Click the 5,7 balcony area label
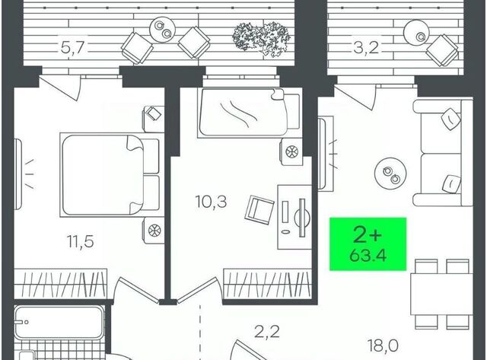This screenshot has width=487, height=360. pyautogui.click(x=73, y=48)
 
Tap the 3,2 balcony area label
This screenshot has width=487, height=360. pyautogui.click(x=366, y=48)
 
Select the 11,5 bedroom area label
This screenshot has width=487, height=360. pyautogui.click(x=80, y=241)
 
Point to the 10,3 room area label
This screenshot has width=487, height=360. pyautogui.click(x=212, y=201)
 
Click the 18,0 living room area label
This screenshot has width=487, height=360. pyautogui.click(x=383, y=346)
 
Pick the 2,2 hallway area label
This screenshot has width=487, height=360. pyautogui.click(x=267, y=331)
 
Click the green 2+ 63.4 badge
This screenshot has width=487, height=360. pyautogui.click(x=368, y=244)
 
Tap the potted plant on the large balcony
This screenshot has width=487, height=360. pyautogui.click(x=261, y=39)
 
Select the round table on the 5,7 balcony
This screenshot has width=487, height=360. pyautogui.click(x=163, y=29)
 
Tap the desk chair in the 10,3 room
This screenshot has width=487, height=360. pyautogui.click(x=259, y=209)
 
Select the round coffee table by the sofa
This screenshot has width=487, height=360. pyautogui.click(x=390, y=175)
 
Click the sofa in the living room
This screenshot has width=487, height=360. pyautogui.click(x=443, y=152)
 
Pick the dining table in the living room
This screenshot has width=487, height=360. pyautogui.click(x=442, y=294)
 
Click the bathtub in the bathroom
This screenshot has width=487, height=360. pyautogui.click(x=59, y=323)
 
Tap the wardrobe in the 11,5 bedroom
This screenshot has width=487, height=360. pyautogui.click(x=61, y=284)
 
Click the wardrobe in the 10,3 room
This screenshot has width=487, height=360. pyautogui.click(x=267, y=284)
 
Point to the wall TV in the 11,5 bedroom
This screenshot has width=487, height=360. pyautogui.click(x=18, y=174)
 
